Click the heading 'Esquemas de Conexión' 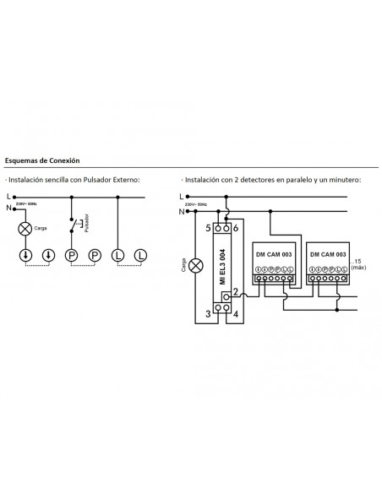coord(42,160)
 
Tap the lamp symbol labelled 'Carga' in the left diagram coord(25,228)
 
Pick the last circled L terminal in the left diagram coord(140,254)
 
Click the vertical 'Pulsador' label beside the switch coord(86,229)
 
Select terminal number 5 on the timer coord(208,229)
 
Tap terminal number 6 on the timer coord(237,229)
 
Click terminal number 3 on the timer coord(208,314)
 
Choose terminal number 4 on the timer coord(237,314)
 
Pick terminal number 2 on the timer coord(236,292)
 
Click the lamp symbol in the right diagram coord(194,265)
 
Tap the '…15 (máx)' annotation coord(361,264)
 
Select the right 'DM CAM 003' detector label coord(329,254)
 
